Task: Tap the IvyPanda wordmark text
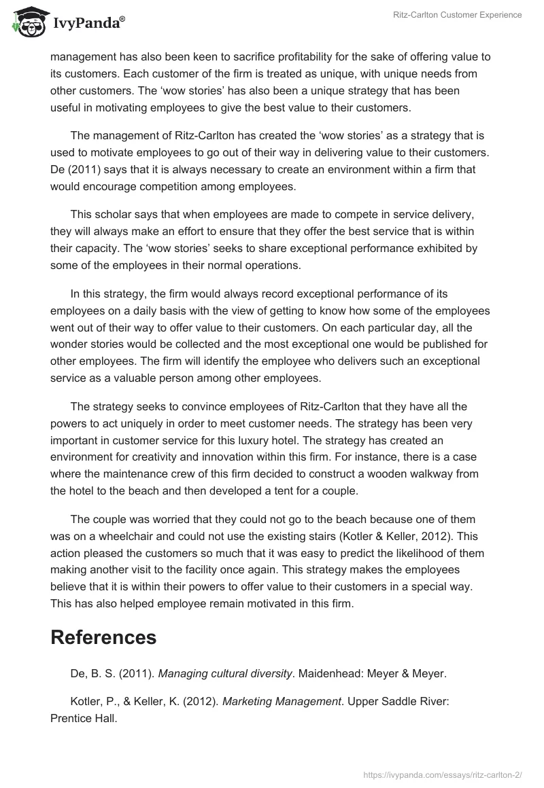(x=88, y=24)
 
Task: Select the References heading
(x=103, y=637)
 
